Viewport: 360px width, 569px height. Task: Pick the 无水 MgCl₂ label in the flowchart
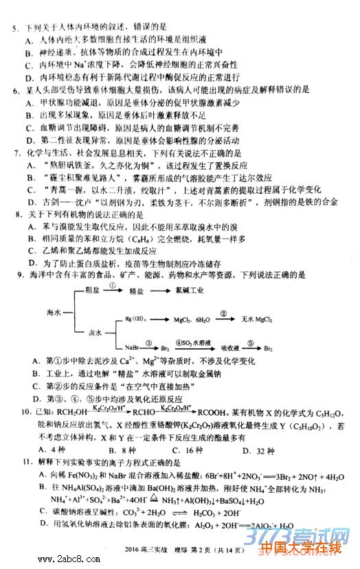click(x=258, y=320)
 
